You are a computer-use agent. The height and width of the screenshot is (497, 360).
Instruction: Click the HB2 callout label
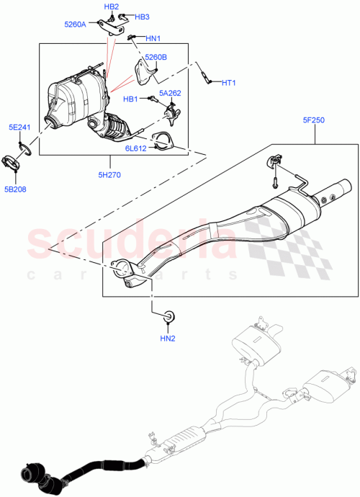click(x=111, y=6)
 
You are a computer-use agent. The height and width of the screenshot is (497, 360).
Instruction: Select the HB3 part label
click(x=141, y=17)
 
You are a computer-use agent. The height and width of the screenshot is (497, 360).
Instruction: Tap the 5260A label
click(x=75, y=24)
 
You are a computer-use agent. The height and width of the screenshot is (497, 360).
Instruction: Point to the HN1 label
click(x=153, y=38)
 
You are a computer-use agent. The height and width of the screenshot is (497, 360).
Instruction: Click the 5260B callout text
click(x=156, y=57)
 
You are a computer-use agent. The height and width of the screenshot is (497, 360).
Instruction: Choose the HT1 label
click(x=229, y=83)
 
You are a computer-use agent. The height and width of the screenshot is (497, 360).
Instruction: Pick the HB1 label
click(x=130, y=99)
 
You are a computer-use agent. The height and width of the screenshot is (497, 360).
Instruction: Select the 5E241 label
click(x=19, y=127)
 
